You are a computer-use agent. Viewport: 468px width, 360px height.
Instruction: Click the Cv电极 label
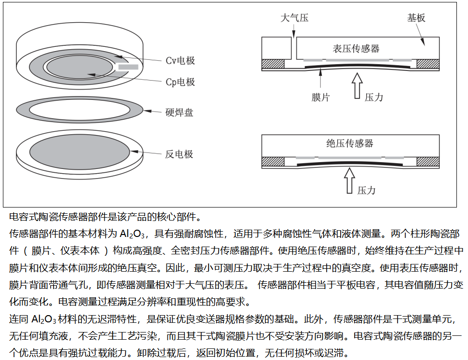pyautogui.click(x=180, y=61)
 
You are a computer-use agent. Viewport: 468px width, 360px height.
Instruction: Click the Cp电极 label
pyautogui.click(x=180, y=82)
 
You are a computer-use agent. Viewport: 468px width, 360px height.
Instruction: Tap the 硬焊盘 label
pyautogui.click(x=179, y=112)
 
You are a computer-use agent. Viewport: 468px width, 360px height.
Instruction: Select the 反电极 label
pyautogui.click(x=179, y=154)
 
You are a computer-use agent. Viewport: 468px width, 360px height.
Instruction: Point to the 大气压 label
pyautogui.click(x=294, y=18)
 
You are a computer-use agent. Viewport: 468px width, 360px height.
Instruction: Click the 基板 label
pyautogui.click(x=416, y=18)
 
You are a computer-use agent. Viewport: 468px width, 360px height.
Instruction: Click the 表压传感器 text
pyautogui.click(x=356, y=48)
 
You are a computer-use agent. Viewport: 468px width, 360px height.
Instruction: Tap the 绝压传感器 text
pyautogui.click(x=350, y=143)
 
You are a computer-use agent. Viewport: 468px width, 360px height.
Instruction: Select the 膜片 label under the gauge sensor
pyautogui.click(x=320, y=97)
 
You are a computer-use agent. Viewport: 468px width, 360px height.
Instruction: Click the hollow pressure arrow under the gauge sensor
pyautogui.click(x=357, y=86)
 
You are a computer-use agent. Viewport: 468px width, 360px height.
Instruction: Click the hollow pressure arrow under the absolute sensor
pyautogui.click(x=349, y=180)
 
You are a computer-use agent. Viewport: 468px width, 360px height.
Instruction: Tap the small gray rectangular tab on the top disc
pyautogui.click(x=128, y=67)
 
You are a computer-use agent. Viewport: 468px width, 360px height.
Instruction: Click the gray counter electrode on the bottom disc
pyautogui.click(x=80, y=152)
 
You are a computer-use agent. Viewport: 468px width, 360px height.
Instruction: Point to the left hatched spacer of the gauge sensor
pyautogui.click(x=273, y=64)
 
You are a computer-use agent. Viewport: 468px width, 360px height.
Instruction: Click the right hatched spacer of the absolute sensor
pyautogui.click(x=428, y=162)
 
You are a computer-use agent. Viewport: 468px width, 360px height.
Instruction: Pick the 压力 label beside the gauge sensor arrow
pyautogui.click(x=374, y=97)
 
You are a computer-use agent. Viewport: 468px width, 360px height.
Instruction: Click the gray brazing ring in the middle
pyautogui.click(x=80, y=110)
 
